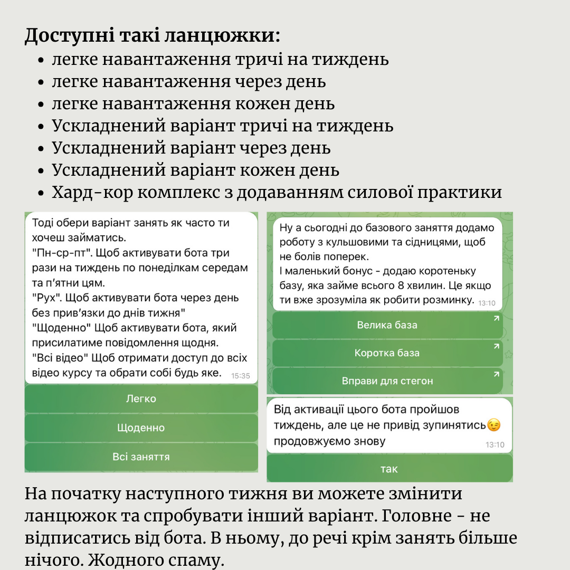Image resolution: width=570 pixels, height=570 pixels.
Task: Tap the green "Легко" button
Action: pos(141,399)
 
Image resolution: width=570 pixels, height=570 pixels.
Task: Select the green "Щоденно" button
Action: pos(141,428)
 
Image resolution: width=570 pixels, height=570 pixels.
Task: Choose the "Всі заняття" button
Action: pos(141,457)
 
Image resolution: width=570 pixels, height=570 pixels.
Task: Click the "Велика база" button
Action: pos(387,325)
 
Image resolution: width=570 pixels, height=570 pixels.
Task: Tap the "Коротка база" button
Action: pos(387,353)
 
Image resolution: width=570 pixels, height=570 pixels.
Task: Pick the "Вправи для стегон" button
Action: pos(387,381)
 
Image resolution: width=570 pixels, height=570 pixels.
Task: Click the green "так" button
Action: pos(389,469)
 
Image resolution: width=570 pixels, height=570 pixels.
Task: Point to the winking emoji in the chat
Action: pos(493,425)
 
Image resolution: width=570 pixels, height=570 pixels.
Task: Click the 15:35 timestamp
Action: pos(241,376)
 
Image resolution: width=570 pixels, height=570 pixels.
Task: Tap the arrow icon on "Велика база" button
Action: pos(496,318)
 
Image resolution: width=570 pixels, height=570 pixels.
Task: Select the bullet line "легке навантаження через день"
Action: pos(188,82)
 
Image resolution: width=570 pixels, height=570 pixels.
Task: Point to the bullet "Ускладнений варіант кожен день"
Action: pos(195,170)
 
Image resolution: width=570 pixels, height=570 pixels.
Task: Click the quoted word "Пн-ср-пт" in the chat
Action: pos(55,253)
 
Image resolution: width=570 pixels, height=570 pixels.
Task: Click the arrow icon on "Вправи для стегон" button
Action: pos(496,374)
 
